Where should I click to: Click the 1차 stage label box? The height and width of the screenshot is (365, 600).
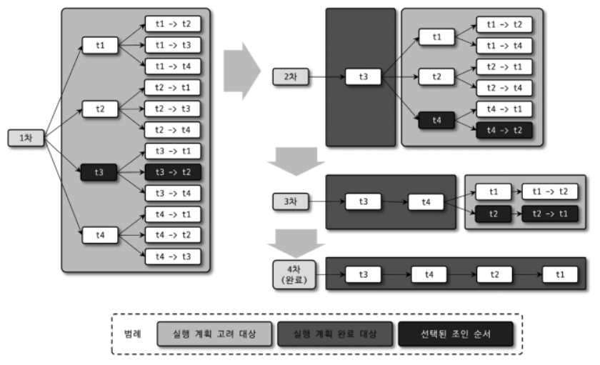26,138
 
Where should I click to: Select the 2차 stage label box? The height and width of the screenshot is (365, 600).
291,77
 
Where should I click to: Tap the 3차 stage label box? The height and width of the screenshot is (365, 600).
291,201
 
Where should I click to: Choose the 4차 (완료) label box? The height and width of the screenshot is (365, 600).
294,274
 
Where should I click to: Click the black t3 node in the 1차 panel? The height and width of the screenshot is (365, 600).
99,172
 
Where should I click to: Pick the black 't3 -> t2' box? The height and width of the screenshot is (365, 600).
173,172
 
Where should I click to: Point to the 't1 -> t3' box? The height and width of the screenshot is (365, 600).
173,45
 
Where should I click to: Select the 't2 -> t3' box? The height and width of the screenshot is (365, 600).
173,109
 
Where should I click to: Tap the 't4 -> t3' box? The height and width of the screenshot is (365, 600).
173,256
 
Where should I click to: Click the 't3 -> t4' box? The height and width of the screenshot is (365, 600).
173,193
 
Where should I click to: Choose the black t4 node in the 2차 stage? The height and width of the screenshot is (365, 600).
436,120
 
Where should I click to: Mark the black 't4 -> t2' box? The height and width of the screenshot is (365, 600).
504,130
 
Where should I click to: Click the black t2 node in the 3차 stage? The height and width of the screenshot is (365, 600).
494,214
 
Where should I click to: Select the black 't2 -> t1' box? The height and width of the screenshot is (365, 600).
550,214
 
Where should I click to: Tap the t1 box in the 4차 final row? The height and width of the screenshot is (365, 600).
560,274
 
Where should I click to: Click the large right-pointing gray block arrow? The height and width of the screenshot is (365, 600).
242,71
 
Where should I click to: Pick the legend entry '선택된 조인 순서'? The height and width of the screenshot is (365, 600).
456,334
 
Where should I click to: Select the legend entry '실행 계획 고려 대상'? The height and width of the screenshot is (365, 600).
214,334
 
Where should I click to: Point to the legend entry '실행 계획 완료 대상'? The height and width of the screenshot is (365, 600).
335,334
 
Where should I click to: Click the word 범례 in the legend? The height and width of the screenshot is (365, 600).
132,334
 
